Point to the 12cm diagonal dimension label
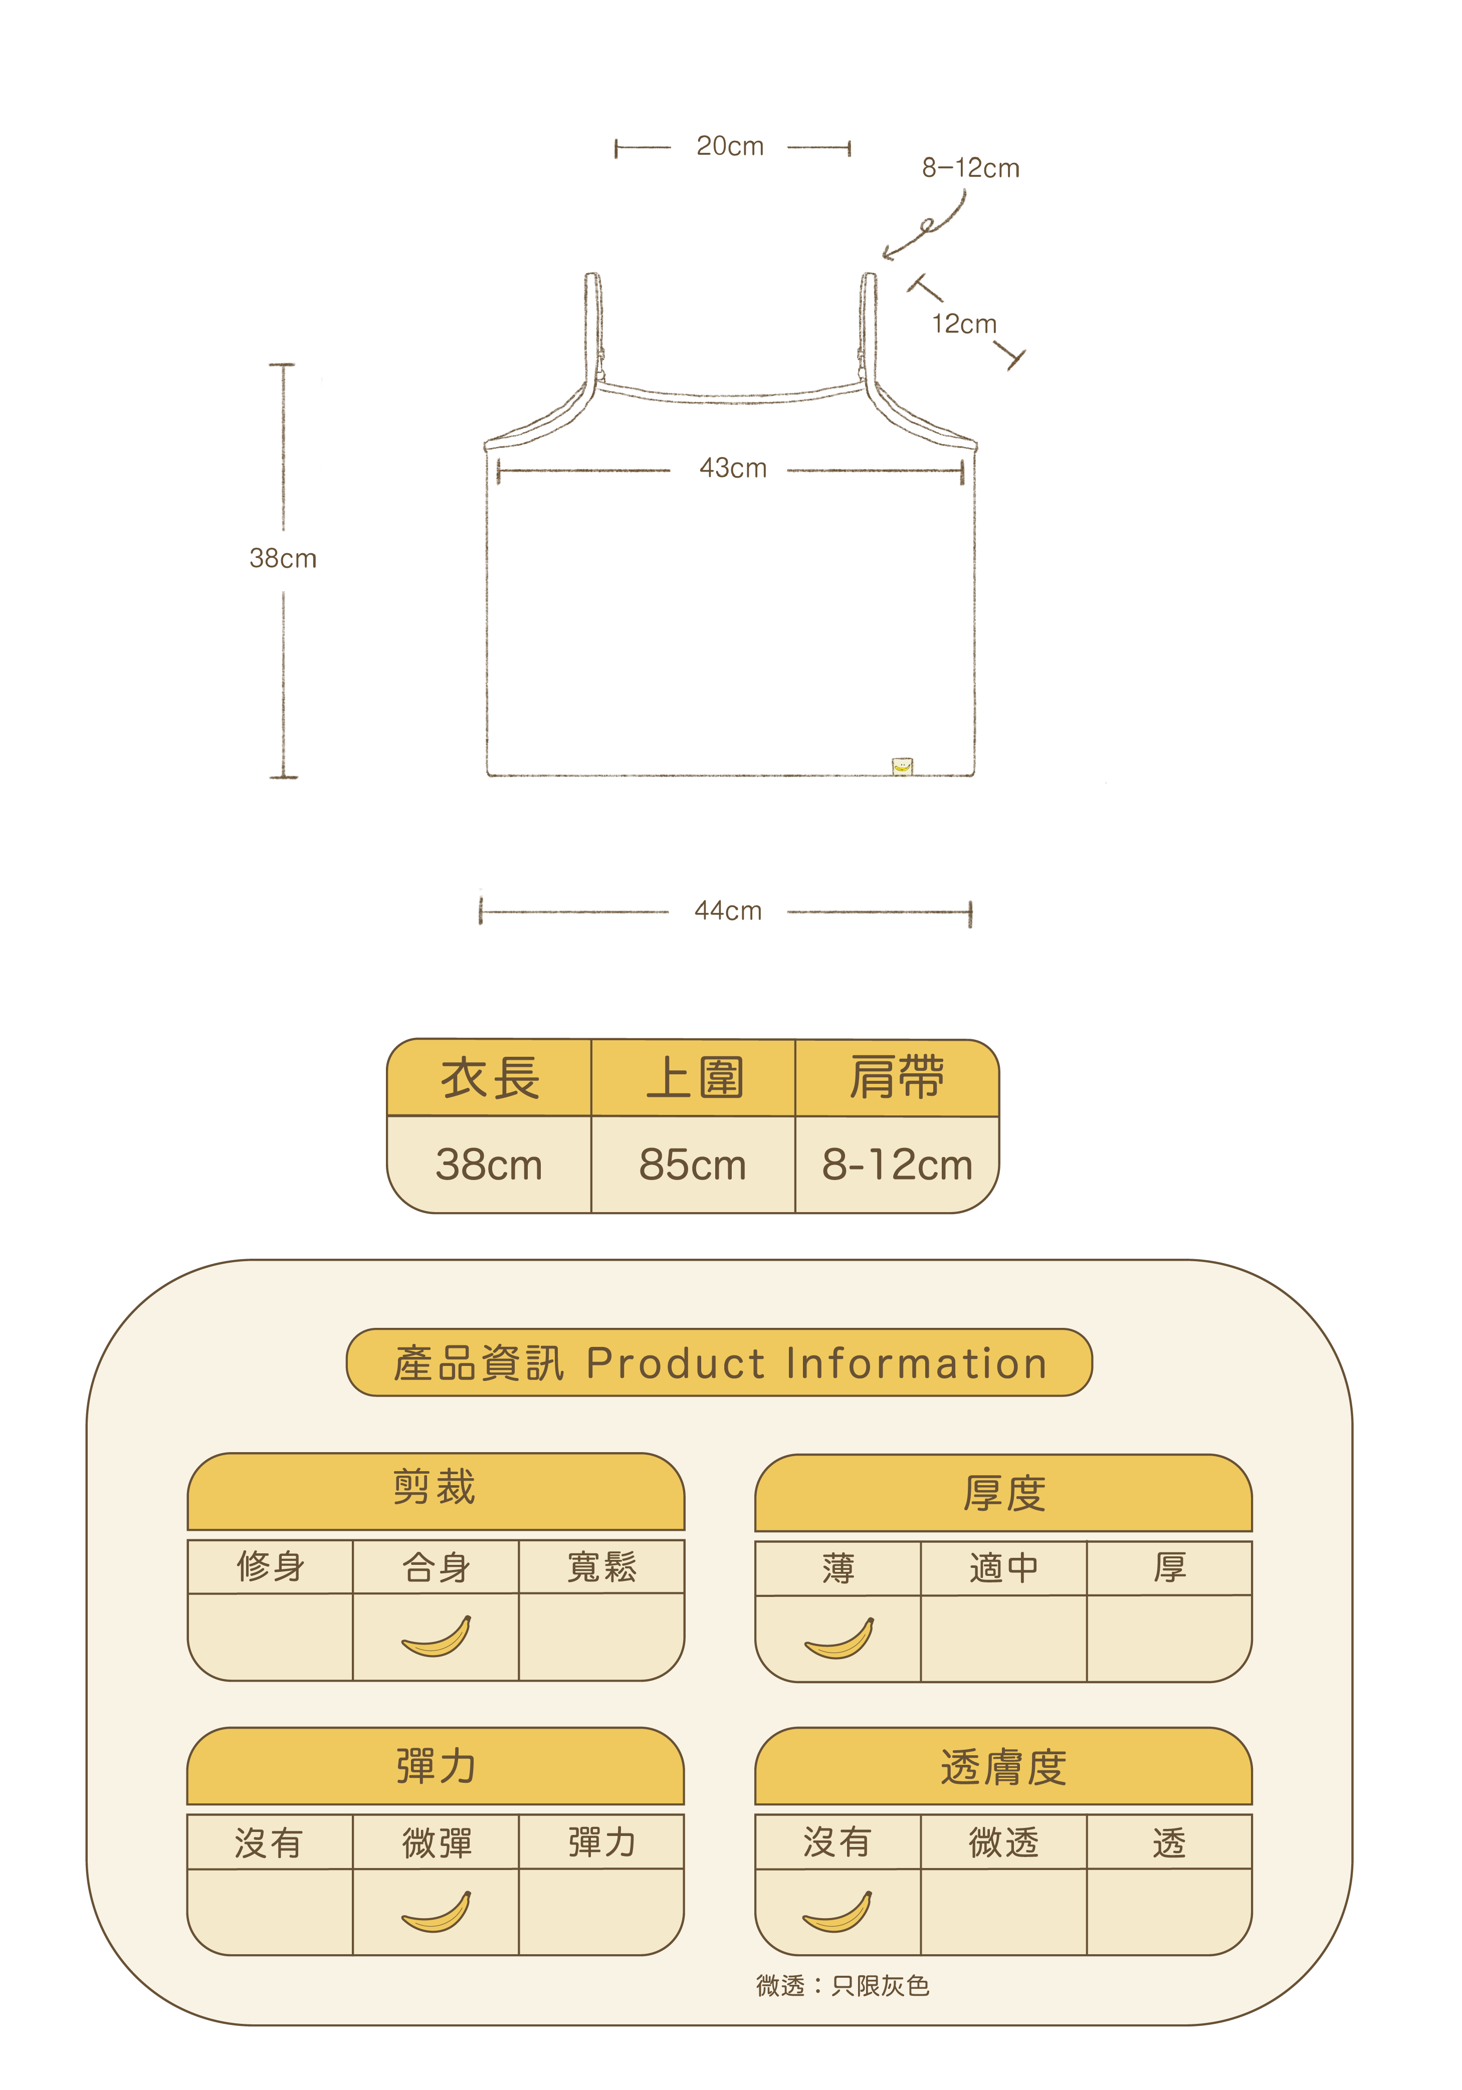tap(963, 324)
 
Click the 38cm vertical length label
tap(283, 558)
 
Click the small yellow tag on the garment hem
tap(901, 767)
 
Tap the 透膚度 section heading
tap(1003, 1767)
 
